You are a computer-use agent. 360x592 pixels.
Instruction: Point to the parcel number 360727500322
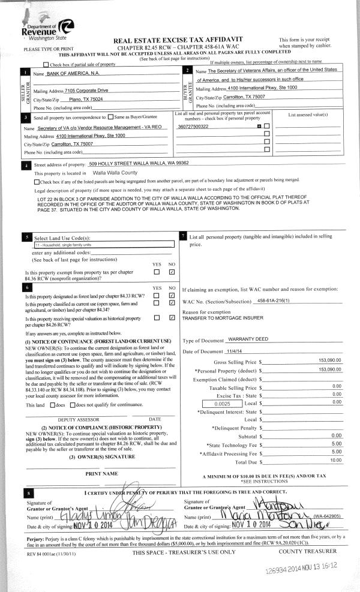(x=193, y=127)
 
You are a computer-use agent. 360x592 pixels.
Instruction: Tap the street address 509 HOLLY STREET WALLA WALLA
(x=138, y=164)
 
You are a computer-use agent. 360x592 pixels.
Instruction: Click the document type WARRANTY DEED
(x=249, y=339)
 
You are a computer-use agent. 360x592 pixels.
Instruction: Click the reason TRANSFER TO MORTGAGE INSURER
(x=223, y=319)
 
